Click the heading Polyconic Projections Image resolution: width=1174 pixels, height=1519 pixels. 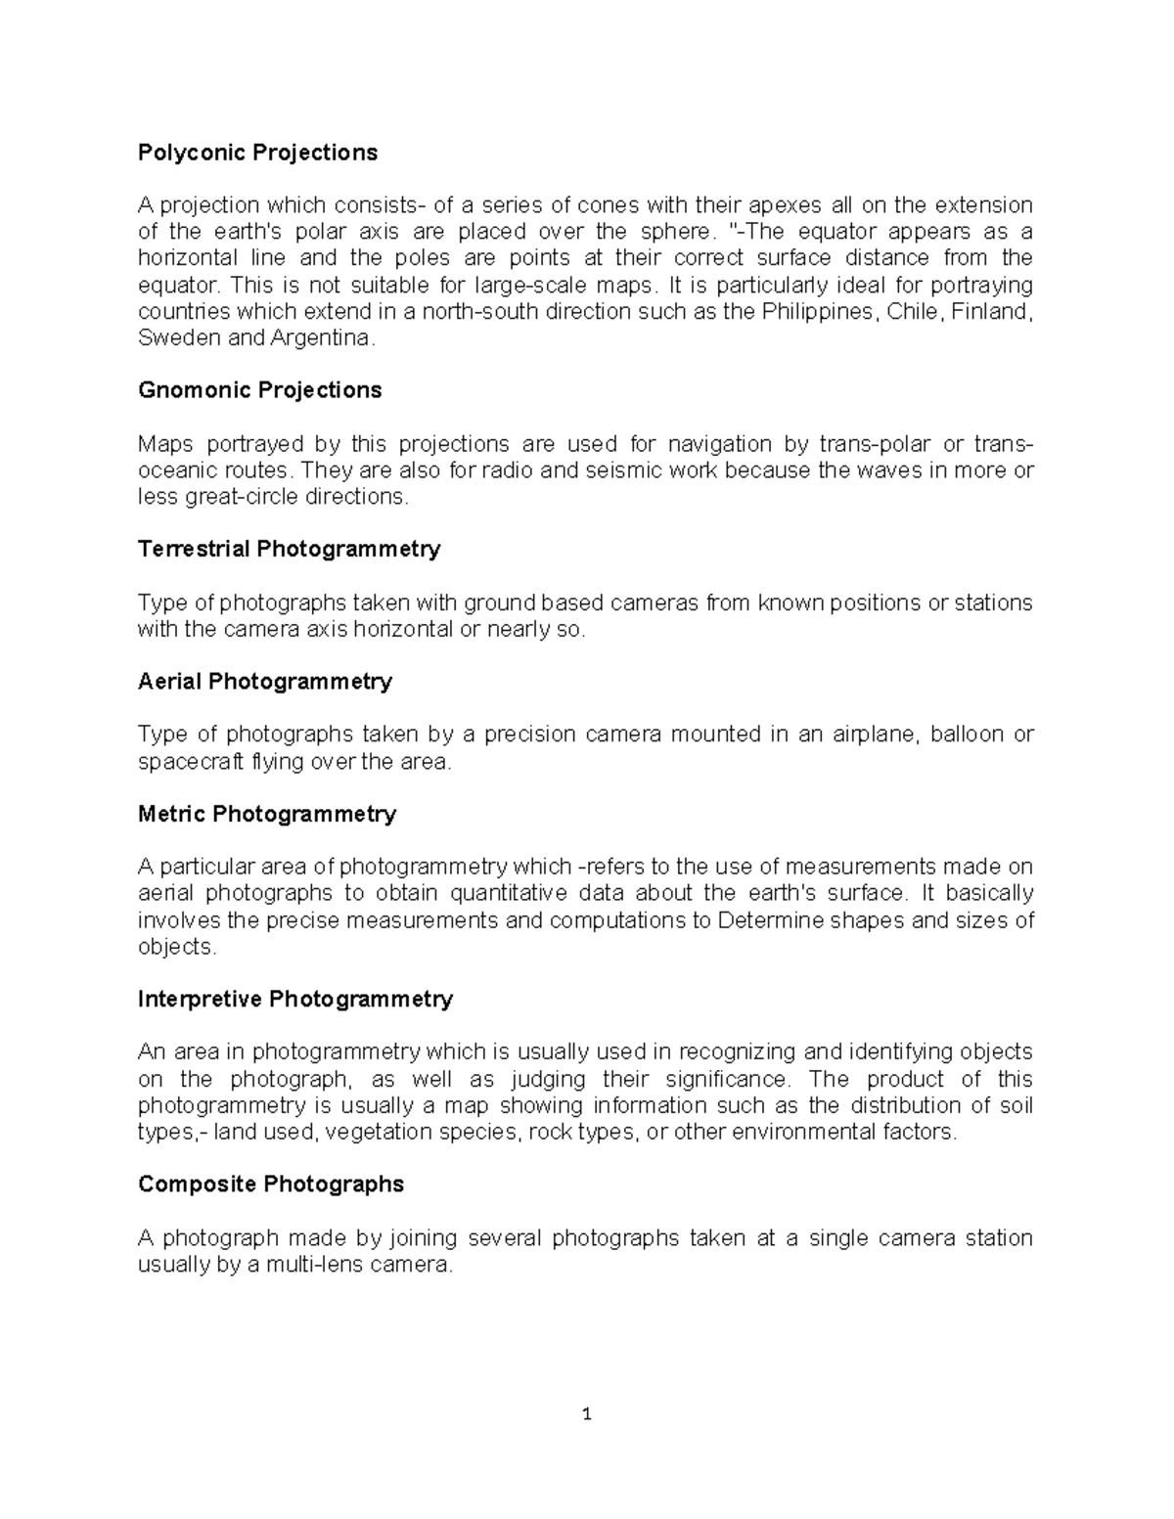coord(257,153)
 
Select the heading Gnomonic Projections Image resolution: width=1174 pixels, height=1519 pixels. coord(259,390)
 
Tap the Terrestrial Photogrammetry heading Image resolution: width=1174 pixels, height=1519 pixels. coord(289,549)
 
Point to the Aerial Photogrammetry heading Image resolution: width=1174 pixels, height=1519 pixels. coord(265,682)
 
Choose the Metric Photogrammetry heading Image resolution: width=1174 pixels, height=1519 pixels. coord(267,814)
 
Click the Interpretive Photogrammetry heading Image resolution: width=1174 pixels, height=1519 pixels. coord(295,999)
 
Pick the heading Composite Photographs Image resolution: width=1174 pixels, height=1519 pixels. coord(271,1184)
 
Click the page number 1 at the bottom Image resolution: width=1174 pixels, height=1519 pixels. coord(587,1414)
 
